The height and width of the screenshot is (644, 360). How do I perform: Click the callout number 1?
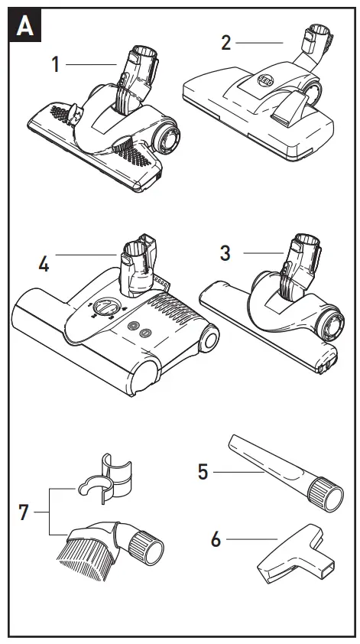[x=55, y=63]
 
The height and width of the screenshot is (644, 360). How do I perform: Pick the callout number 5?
[x=203, y=470]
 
